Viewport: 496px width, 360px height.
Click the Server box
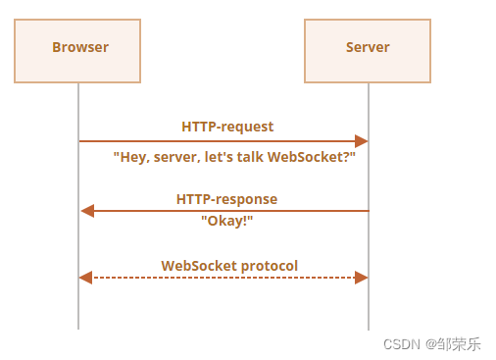368,48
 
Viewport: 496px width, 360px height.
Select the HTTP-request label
227,127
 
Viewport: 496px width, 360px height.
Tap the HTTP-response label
226,199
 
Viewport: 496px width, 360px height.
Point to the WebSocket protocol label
229,266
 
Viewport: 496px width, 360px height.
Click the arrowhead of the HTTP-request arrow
362,141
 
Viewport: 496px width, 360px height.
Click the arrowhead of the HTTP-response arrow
86,211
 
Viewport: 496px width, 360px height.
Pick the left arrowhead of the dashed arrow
85,278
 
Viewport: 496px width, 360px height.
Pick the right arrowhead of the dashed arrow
362,278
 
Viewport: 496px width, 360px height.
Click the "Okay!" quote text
226,221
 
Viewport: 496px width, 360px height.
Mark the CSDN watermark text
401,344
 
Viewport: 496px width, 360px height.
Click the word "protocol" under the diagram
269,266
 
